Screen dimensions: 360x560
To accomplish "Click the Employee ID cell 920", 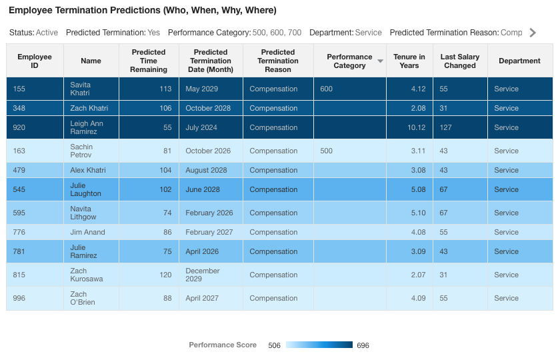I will (x=19, y=127).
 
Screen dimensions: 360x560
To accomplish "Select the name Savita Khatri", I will (x=80, y=89).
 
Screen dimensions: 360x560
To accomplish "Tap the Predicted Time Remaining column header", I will (x=149, y=61).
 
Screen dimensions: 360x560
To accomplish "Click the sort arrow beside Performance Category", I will (x=380, y=61).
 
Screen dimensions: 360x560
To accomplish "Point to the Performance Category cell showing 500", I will (x=326, y=151).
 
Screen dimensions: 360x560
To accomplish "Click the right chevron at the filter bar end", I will (x=532, y=33).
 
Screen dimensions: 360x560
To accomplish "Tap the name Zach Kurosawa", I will (x=87, y=275).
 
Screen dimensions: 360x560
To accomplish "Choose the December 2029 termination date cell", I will (x=203, y=275).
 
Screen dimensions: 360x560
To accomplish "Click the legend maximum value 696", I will (x=363, y=345).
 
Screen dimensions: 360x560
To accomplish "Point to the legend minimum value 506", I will (x=274, y=345).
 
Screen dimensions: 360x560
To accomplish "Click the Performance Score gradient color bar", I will (x=319, y=345).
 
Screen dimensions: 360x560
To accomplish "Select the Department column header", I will (x=519, y=61).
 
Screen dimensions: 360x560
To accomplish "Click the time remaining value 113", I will (x=165, y=89).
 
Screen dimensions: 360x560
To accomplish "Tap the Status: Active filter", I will (x=33, y=33).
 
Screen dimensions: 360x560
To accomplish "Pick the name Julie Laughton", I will (x=85, y=189).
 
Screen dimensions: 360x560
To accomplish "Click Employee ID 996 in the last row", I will (x=19, y=298).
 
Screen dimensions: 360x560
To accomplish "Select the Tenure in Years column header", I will (x=409, y=61).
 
